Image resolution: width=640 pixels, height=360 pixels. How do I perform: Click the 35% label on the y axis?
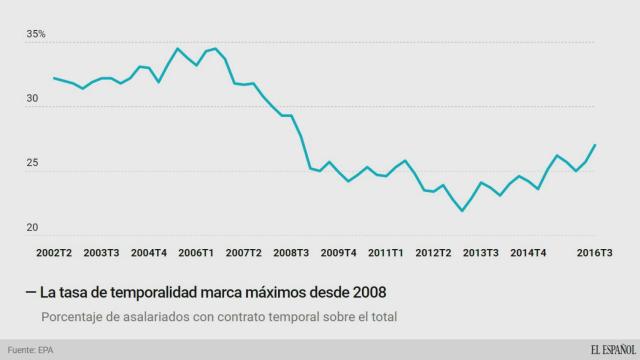(37, 35)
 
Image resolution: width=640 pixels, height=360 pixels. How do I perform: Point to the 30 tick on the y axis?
(34, 99)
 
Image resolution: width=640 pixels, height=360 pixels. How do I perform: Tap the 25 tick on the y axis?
(34, 164)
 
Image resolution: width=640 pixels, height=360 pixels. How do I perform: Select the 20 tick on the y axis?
(34, 228)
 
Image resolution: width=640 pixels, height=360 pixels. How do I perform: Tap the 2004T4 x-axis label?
(148, 252)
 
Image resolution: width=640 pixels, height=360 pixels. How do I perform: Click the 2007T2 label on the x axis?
(243, 252)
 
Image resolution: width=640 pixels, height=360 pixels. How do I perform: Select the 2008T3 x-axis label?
(291, 252)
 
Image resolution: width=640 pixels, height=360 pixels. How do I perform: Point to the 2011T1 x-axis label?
(386, 252)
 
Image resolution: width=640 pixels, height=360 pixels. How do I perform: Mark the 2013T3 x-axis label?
(482, 252)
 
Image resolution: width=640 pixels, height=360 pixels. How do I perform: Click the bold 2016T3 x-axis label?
(595, 252)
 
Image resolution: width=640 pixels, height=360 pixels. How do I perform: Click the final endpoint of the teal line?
(595, 145)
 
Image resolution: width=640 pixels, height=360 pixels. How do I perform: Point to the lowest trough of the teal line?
(462, 211)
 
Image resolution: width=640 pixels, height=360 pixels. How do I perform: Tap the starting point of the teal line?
(53, 78)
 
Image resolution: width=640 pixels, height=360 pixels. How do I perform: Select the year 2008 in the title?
(365, 291)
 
